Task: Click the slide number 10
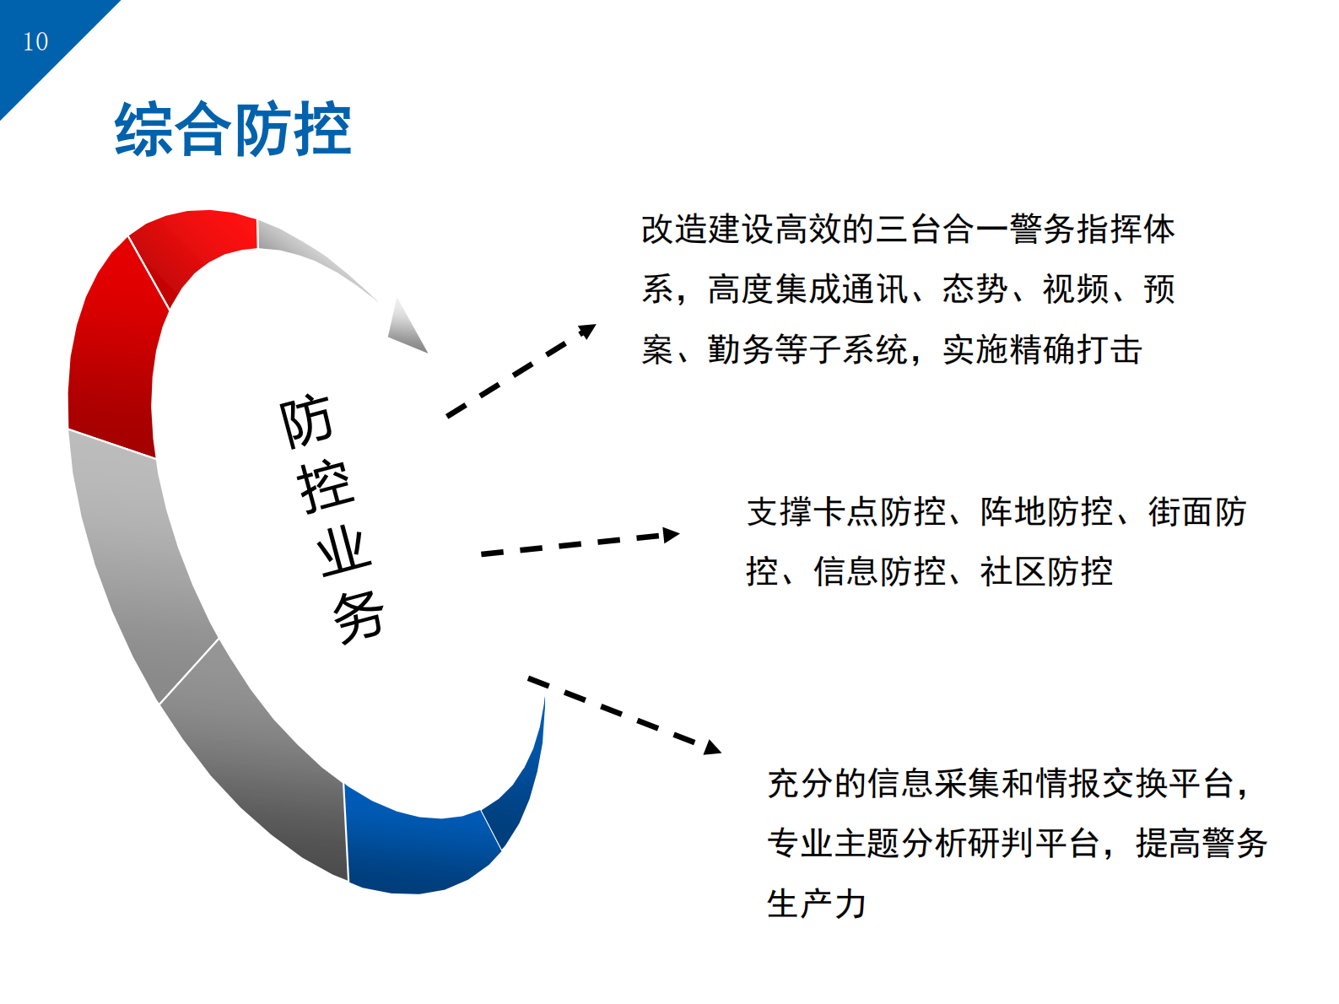click(x=35, y=41)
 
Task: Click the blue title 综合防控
click(x=233, y=130)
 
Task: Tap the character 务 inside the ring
click(x=359, y=617)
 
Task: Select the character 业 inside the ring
click(x=343, y=551)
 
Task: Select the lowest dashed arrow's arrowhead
click(x=712, y=747)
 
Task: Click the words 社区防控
click(x=1046, y=572)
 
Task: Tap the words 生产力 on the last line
click(x=816, y=904)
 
